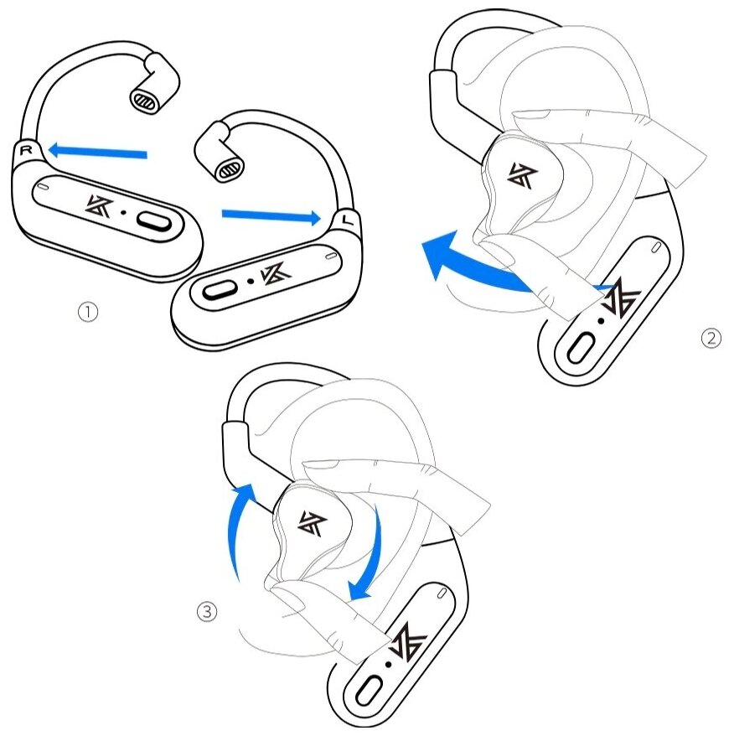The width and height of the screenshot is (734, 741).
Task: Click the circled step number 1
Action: coord(88,312)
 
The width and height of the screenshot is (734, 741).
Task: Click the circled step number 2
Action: coord(710,339)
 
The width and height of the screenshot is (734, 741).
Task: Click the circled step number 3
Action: coord(206,612)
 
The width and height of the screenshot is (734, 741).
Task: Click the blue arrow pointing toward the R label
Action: coord(97,152)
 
